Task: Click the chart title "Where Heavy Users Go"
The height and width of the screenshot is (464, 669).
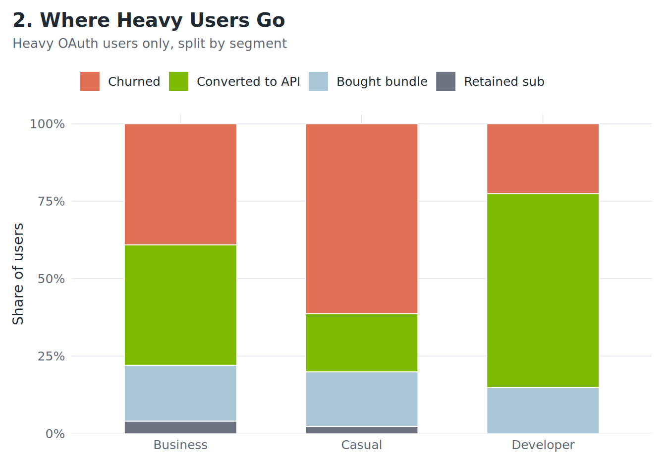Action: (x=149, y=21)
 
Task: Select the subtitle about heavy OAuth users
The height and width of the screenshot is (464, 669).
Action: (x=150, y=44)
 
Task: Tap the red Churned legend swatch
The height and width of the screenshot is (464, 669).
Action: (x=90, y=81)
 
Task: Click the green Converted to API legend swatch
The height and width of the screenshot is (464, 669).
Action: (x=178, y=81)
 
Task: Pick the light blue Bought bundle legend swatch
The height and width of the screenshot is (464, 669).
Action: (x=318, y=81)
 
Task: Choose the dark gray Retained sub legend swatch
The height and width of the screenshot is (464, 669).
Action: (x=446, y=81)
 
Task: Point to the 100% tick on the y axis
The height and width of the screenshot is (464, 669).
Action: (x=47, y=124)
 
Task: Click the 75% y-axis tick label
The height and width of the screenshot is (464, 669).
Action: (x=51, y=201)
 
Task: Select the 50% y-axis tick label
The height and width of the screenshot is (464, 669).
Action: (x=51, y=279)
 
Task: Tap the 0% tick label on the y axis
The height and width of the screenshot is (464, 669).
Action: (x=55, y=434)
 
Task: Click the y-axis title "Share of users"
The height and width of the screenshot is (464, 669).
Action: (x=18, y=274)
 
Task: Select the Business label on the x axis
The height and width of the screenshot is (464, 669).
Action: (x=180, y=445)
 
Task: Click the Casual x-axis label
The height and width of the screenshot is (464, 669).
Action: (x=362, y=445)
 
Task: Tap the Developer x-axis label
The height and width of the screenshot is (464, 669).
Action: (x=543, y=445)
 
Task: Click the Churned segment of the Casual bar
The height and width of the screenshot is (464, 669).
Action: (x=362, y=219)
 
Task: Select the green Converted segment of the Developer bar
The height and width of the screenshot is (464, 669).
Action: (x=543, y=290)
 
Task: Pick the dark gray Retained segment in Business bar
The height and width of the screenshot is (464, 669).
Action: (x=180, y=427)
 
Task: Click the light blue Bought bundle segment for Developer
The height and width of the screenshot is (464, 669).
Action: (x=543, y=410)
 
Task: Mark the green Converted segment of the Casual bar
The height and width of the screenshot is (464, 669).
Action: (x=362, y=343)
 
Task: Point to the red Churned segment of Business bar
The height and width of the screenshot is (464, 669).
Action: (x=180, y=184)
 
